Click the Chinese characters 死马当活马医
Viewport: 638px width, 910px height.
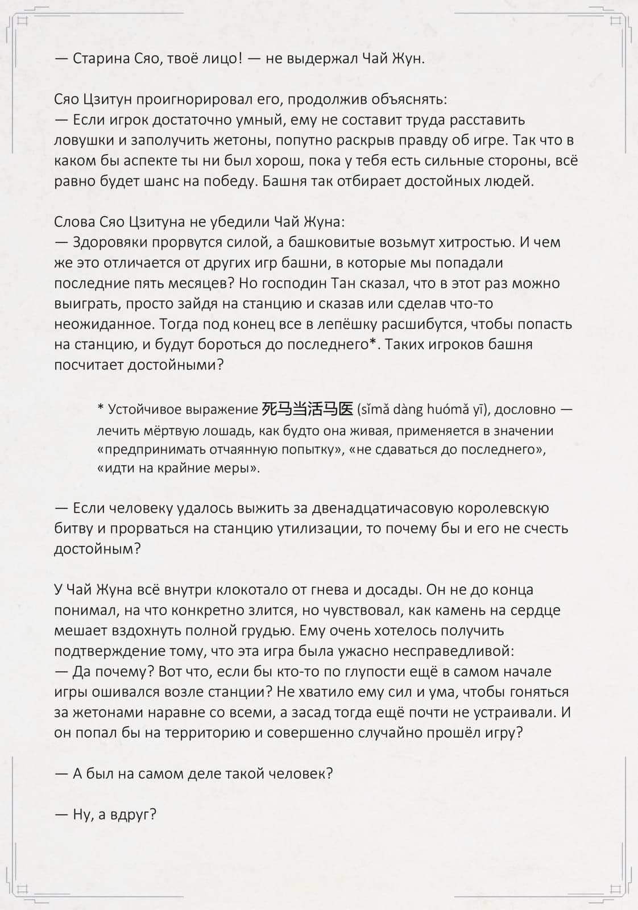click(x=308, y=408)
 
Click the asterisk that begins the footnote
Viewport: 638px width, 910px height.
click(x=101, y=408)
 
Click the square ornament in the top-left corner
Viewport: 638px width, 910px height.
click(x=23, y=21)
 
